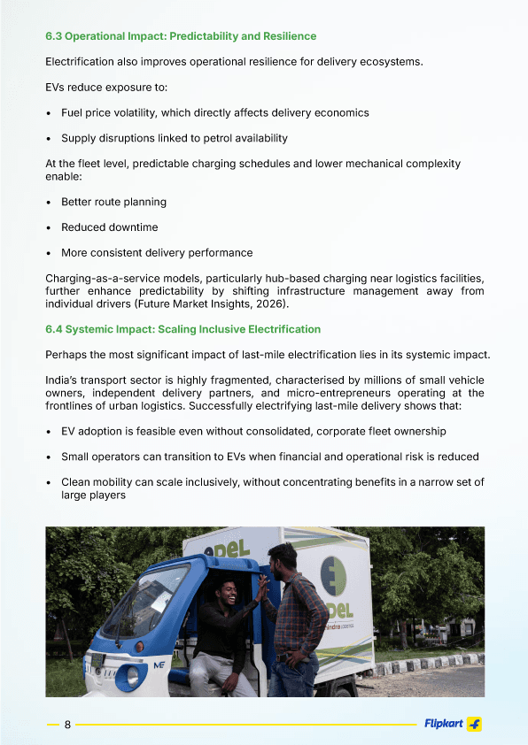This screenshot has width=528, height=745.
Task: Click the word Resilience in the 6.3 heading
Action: (285, 36)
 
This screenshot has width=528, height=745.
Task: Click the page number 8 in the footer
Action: (67, 725)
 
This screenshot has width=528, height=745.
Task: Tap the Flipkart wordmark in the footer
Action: (443, 725)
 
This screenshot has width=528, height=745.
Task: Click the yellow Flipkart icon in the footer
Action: (475, 725)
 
